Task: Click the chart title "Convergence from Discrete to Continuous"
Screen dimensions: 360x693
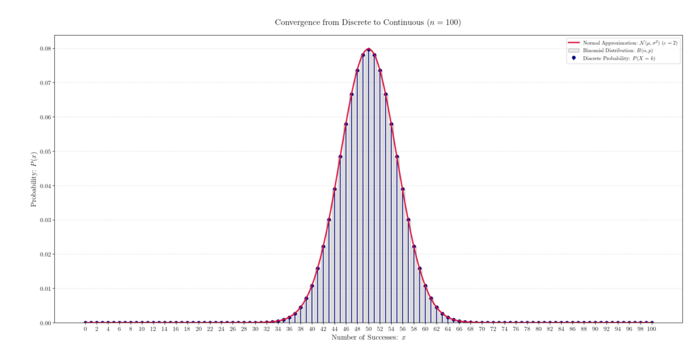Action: click(x=367, y=22)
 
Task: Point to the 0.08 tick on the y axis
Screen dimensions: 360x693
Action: click(x=45, y=49)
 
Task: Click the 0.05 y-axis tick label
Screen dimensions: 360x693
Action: click(x=45, y=152)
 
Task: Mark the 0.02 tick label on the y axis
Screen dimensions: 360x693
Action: click(x=45, y=254)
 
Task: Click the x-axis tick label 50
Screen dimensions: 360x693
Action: click(x=368, y=330)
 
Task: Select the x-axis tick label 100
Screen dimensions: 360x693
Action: click(x=651, y=330)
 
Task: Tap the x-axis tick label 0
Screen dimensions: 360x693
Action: click(x=85, y=330)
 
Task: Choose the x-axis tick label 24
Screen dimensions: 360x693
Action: click(x=221, y=330)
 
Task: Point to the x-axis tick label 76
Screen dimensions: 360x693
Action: click(x=516, y=330)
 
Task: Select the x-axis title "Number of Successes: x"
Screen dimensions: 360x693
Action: click(x=368, y=338)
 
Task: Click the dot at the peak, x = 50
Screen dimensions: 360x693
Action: click(x=368, y=49)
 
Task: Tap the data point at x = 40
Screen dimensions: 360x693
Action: click(x=312, y=286)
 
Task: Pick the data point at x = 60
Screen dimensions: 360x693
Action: click(x=425, y=286)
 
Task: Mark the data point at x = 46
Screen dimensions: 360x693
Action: click(x=346, y=124)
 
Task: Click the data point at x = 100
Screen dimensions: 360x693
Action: click(x=651, y=323)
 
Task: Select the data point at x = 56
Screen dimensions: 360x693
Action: click(x=403, y=124)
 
